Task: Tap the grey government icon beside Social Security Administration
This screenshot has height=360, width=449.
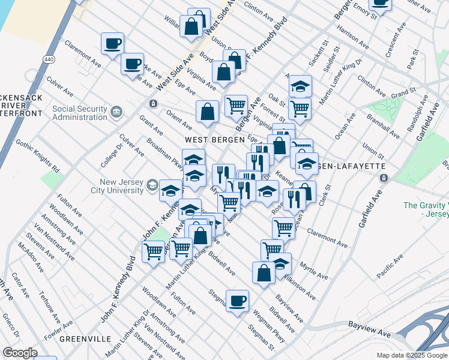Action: pyautogui.click(x=116, y=110)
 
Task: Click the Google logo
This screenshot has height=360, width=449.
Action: pyautogui.click(x=20, y=353)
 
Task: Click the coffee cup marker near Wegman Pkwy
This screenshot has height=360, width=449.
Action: pyautogui.click(x=237, y=300)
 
